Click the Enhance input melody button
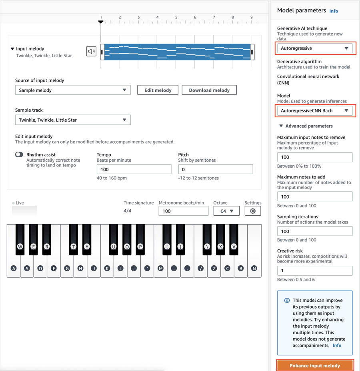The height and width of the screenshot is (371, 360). click(315, 365)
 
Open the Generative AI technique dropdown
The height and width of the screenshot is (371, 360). click(315, 48)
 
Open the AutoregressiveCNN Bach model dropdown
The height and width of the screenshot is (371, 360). click(315, 110)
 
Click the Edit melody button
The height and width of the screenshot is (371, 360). click(158, 90)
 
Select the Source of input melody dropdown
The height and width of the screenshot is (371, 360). click(73, 90)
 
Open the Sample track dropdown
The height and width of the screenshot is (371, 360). click(73, 120)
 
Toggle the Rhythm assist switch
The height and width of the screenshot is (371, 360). click(19, 154)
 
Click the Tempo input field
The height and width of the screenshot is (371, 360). click(134, 169)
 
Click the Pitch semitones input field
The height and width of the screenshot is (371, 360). click(215, 169)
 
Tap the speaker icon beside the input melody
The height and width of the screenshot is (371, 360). click(92, 51)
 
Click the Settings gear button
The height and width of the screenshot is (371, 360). click(252, 211)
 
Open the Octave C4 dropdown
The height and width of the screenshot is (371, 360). click(226, 211)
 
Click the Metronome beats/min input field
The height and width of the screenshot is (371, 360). click(183, 211)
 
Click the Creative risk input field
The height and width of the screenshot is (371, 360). click(315, 271)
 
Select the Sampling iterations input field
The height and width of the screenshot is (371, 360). click(315, 231)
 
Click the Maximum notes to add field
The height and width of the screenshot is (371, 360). click(315, 197)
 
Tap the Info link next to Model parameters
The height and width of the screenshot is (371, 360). click(334, 11)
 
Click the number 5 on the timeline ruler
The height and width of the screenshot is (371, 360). click(176, 17)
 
